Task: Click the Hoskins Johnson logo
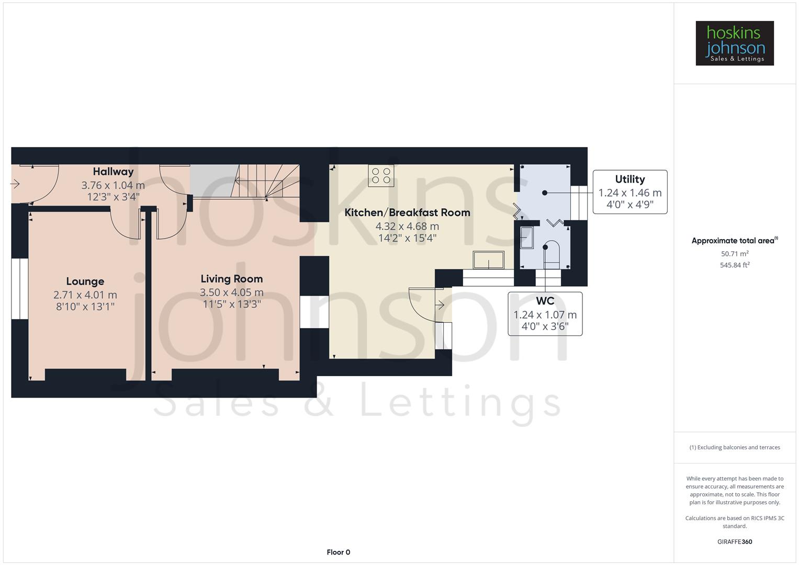[734, 43]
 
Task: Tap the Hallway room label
[113, 172]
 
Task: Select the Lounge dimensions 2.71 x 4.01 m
[85, 295]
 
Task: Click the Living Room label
[232, 279]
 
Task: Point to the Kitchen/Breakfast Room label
[407, 212]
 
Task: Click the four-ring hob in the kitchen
[381, 176]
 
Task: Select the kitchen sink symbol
[488, 260]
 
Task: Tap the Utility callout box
[629, 191]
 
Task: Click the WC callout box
[545, 313]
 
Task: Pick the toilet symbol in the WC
[550, 253]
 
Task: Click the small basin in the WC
[526, 238]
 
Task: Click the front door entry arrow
[15, 184]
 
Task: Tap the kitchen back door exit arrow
[440, 305]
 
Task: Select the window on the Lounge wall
[20, 288]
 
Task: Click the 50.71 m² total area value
[734, 254]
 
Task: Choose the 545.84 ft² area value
[734, 265]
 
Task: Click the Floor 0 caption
[338, 552]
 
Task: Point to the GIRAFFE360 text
[734, 541]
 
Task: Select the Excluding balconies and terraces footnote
[734, 447]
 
